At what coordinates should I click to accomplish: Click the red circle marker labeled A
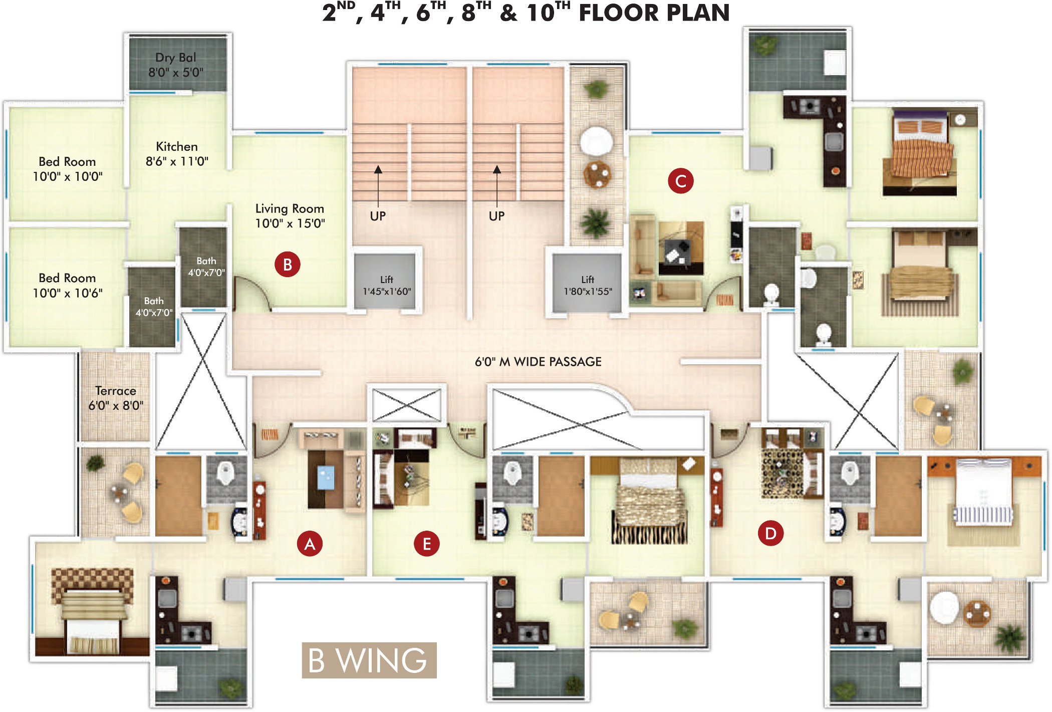[x=310, y=544]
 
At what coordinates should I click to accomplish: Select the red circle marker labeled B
[x=288, y=265]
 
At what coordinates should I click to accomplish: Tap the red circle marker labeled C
[x=681, y=181]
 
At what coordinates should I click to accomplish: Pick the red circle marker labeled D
[x=770, y=533]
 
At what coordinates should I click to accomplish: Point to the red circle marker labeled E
[x=427, y=544]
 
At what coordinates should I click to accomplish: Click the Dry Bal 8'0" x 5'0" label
[x=176, y=65]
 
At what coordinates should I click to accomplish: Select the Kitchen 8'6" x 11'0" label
[x=177, y=154]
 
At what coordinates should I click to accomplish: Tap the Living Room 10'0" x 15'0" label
[x=290, y=216]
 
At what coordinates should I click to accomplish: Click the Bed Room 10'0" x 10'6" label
[x=68, y=286]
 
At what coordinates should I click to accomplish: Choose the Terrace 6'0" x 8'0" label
[x=116, y=398]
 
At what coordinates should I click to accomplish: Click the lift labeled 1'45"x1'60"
[x=386, y=281]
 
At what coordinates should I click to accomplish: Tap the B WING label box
[x=369, y=660]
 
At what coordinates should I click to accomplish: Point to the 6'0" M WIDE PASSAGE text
[x=538, y=362]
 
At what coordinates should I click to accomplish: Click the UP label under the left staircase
[x=378, y=216]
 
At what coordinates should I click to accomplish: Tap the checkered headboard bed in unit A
[x=92, y=611]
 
